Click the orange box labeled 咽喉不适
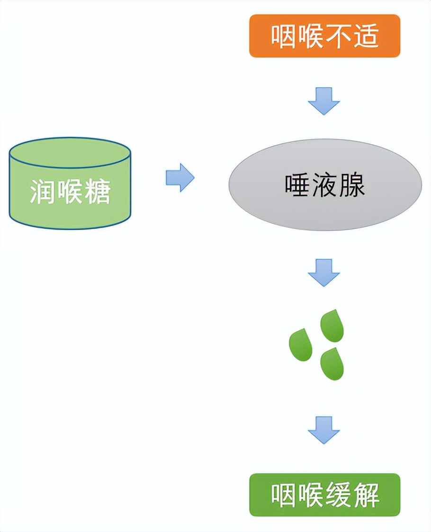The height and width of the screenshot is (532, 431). click(324, 36)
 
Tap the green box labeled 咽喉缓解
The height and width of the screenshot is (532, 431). click(324, 495)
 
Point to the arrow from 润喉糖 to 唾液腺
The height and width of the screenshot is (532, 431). click(180, 178)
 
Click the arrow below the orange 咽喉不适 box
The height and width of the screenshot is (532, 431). click(324, 101)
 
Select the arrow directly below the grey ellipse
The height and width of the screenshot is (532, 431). click(324, 272)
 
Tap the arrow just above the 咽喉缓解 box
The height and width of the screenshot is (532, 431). click(324, 430)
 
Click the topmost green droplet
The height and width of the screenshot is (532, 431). click(332, 327)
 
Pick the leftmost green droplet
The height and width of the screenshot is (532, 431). click(301, 345)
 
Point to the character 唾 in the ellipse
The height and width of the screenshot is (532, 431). click(297, 185)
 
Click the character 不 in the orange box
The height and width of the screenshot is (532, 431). click(338, 36)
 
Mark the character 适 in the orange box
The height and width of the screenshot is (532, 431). click(366, 36)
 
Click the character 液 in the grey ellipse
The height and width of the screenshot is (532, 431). click(325, 185)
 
